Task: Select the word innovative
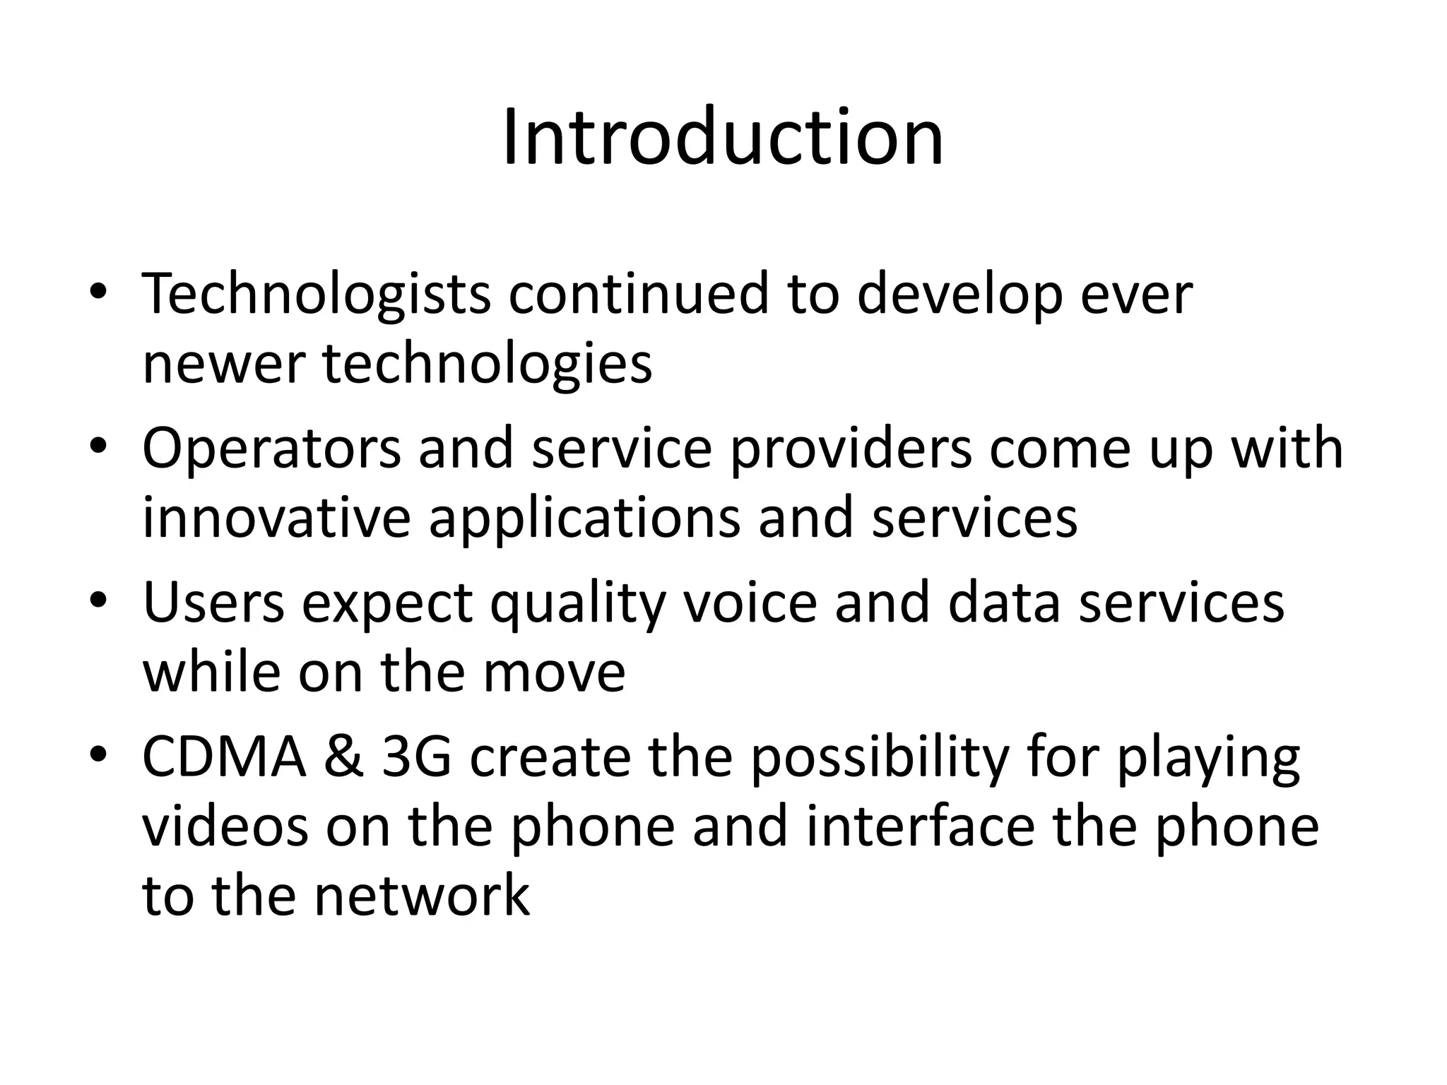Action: [276, 518]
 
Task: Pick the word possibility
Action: [879, 758]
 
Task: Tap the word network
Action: [422, 895]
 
